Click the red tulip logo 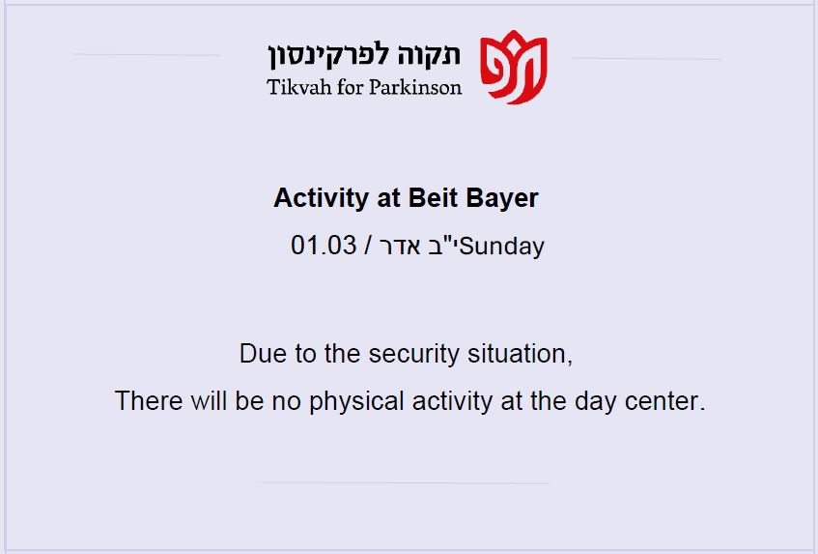(514, 68)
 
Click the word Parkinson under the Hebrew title (415, 87)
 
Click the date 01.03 (324, 245)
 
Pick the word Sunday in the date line (502, 247)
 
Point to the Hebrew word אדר (400, 247)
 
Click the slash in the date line (368, 246)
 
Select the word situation (521, 354)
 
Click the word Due (263, 354)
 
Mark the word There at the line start (149, 401)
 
